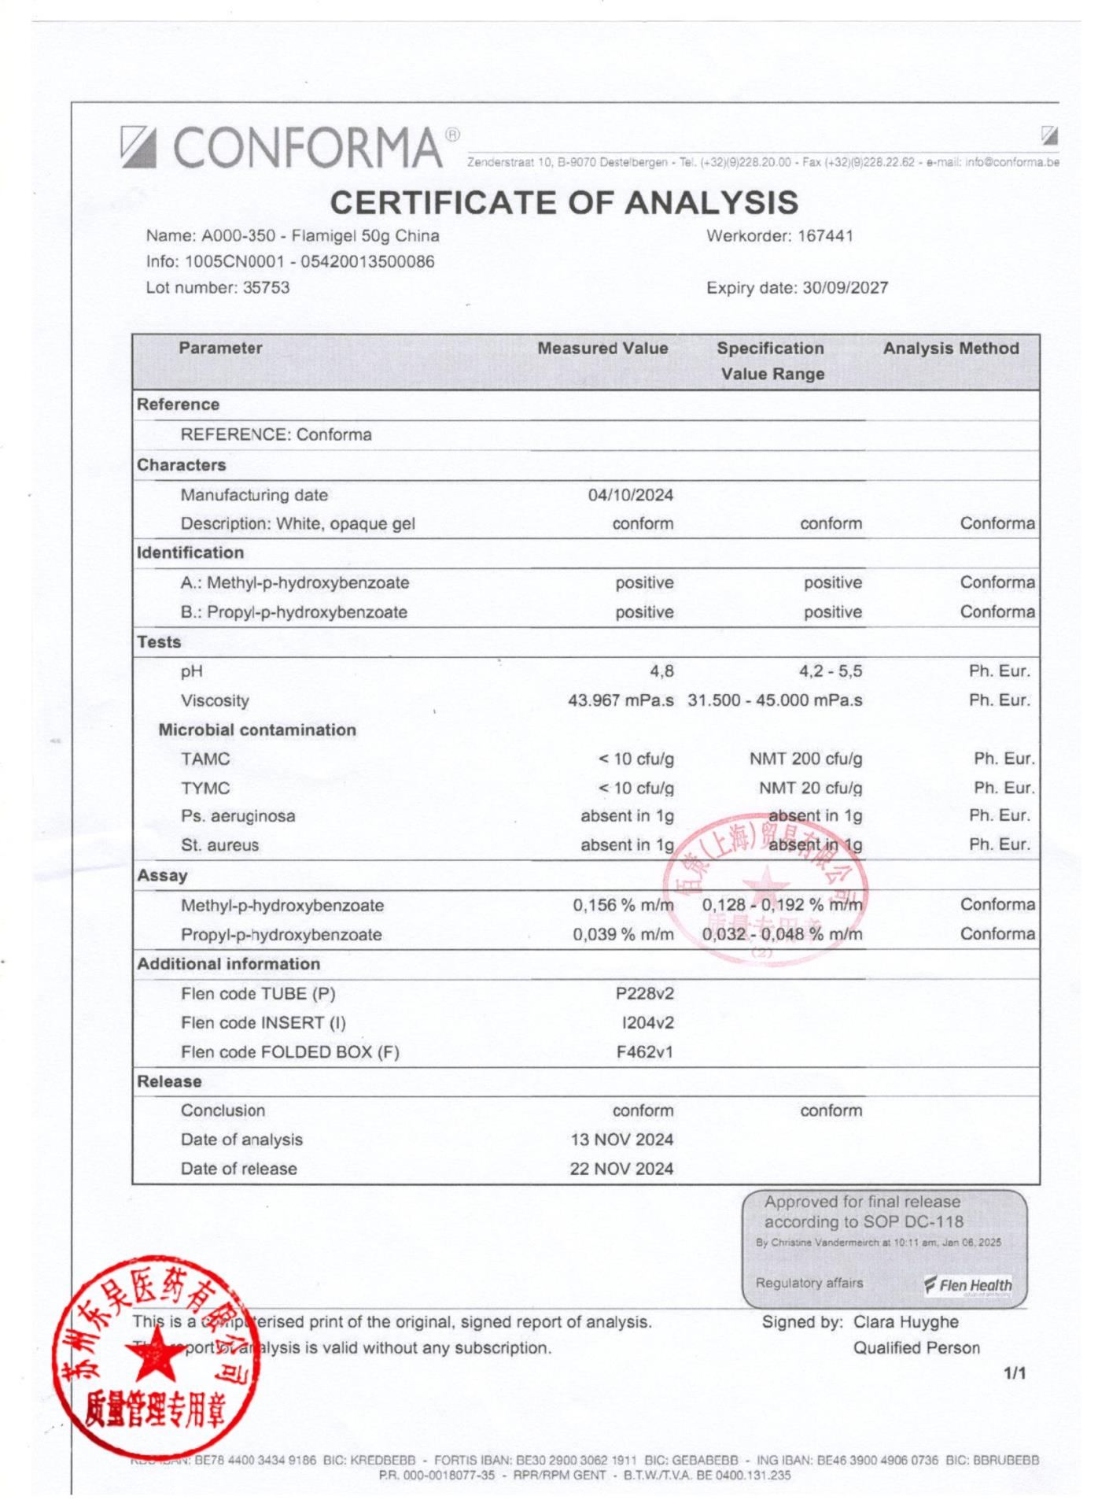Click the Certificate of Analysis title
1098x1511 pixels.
pos(563,203)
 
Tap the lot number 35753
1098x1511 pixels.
pos(266,287)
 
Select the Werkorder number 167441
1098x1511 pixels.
pos(825,236)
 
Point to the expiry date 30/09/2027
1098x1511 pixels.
pos(845,288)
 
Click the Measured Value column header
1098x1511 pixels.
pos(602,349)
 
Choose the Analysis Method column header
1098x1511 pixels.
pos(950,349)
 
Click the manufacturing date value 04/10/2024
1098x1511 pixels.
pos(630,495)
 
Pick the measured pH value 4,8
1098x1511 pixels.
pos(661,671)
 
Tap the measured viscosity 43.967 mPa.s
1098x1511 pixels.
pos(621,700)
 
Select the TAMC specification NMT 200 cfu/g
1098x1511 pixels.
pos(805,759)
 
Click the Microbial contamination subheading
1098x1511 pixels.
pos(257,730)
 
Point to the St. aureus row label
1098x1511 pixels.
pos(219,845)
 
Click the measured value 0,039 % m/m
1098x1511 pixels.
pos(623,935)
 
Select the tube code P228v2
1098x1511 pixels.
pos(644,994)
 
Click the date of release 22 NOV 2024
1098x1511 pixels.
pos(621,1169)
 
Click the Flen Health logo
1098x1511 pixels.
pos(968,1286)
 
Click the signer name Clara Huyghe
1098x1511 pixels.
pos(905,1322)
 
